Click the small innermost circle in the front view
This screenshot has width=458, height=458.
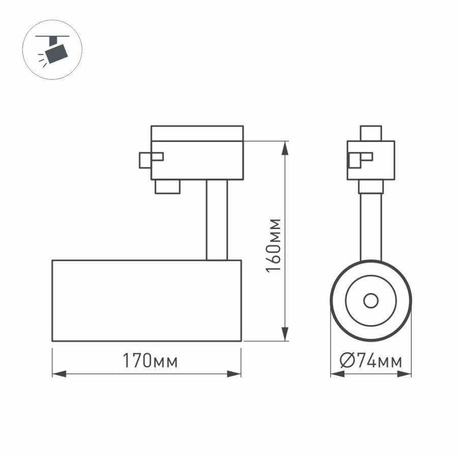[x=371, y=301]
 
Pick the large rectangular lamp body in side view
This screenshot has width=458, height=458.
[x=147, y=300]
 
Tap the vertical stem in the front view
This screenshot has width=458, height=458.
[x=371, y=224]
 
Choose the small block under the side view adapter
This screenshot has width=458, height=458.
[x=168, y=186]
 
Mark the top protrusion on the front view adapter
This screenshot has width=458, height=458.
[x=370, y=133]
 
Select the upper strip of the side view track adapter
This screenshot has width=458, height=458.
[x=197, y=133]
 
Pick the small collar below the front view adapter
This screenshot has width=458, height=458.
[x=371, y=186]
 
